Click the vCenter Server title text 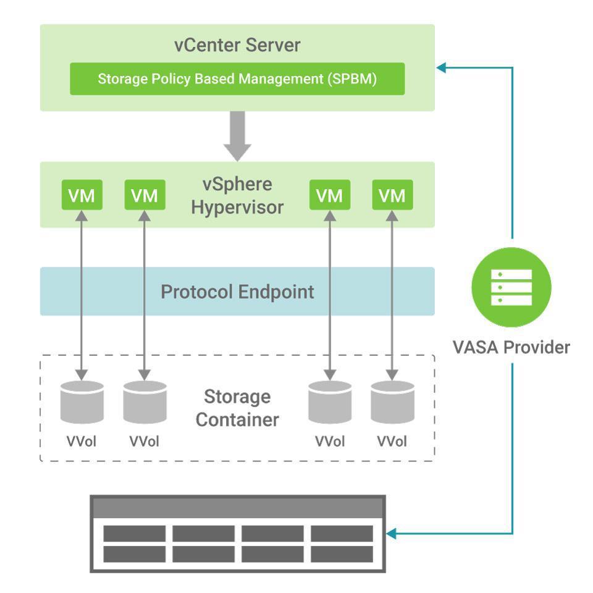(237, 45)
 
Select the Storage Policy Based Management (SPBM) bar (237, 78)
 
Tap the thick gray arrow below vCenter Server (237, 136)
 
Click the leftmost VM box (82, 195)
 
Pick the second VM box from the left (145, 195)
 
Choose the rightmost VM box (392, 195)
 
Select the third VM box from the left (330, 195)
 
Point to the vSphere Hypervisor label (237, 196)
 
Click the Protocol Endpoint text (237, 292)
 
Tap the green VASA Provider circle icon (511, 287)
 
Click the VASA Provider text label (511, 347)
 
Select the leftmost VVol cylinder (82, 402)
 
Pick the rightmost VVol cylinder (393, 402)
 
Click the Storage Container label (237, 408)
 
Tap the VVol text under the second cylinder (144, 441)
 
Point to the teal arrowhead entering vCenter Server (441, 68)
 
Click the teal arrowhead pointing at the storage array (392, 534)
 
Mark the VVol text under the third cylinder (330, 441)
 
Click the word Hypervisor (237, 208)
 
